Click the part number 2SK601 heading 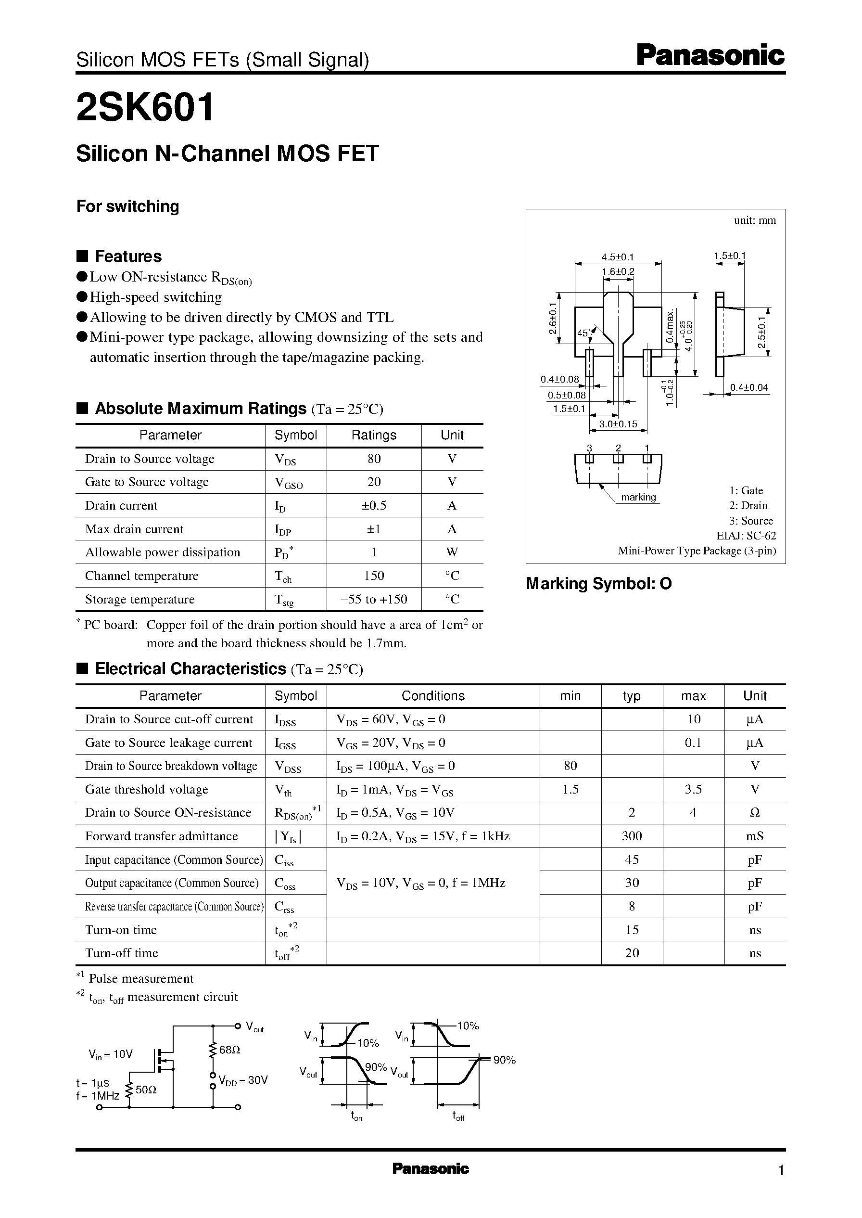tap(145, 108)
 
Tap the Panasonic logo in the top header tap(710, 56)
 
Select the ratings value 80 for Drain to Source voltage tap(374, 459)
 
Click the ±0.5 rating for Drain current tap(374, 505)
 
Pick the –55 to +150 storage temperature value tap(374, 600)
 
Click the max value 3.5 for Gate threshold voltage tap(693, 790)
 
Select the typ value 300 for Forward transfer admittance tap(632, 836)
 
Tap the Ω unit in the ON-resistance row tap(755, 813)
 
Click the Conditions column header tap(432, 696)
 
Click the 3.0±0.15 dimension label tap(618, 424)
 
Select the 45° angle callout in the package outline tap(584, 333)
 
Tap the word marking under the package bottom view tap(638, 498)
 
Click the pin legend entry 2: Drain tap(748, 505)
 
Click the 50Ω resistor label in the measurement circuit tap(146, 1090)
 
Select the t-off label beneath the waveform tap(458, 1116)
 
